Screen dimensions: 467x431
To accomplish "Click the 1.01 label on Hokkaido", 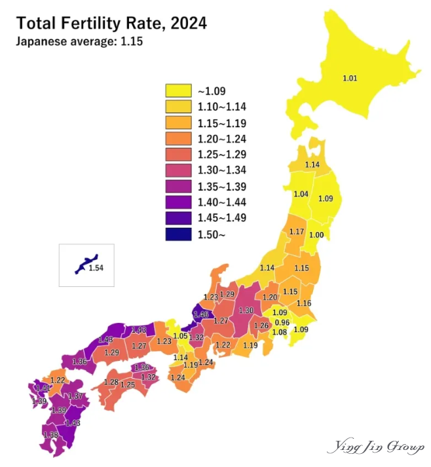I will point(350,79).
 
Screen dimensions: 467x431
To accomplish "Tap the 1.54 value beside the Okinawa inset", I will point(96,268).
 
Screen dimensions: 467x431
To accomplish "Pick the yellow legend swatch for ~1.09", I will point(178,90).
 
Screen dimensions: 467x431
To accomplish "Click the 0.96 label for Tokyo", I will point(282,322).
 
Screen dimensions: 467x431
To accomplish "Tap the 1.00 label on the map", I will point(316,235).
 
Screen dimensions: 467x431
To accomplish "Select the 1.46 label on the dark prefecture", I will point(200,315).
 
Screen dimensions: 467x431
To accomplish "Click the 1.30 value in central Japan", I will point(246,310).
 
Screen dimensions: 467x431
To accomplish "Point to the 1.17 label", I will point(297,232).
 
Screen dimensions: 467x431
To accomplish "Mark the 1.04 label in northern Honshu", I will point(301,195).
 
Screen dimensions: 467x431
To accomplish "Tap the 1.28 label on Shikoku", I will point(111,382).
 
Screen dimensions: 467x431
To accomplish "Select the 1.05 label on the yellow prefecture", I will point(180,336).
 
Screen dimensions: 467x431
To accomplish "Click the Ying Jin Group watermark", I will point(375,448).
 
